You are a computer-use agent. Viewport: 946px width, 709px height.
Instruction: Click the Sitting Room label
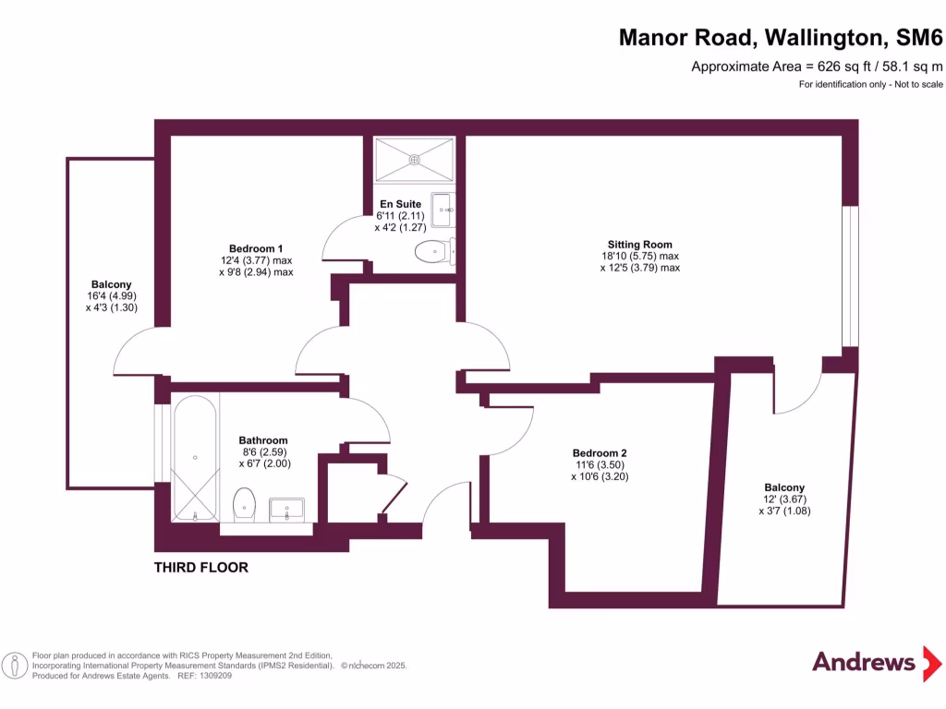639,244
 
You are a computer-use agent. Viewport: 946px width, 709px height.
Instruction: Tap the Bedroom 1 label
256,248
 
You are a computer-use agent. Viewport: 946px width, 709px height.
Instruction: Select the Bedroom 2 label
600,452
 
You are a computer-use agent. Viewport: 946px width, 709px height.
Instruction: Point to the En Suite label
401,204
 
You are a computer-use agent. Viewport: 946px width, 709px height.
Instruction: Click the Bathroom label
263,440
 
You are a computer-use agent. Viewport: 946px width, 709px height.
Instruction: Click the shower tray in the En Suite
414,160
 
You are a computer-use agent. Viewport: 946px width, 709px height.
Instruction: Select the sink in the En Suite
443,210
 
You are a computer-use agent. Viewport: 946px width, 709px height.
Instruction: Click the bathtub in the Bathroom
195,458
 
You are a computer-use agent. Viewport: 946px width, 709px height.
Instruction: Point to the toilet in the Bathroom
244,505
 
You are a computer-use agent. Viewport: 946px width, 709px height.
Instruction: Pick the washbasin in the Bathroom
286,510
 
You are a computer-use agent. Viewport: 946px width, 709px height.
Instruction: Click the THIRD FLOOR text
200,568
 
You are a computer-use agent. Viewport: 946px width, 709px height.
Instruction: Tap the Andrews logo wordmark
864,662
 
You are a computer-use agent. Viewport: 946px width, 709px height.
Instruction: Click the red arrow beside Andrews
931,663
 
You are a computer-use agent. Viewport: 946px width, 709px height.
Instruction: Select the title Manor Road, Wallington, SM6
781,37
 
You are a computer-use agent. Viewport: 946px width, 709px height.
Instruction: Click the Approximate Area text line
817,66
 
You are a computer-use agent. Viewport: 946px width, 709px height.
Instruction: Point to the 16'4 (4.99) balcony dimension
112,296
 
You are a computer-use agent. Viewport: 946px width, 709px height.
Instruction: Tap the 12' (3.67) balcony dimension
784,499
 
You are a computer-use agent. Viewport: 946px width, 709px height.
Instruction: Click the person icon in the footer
15,666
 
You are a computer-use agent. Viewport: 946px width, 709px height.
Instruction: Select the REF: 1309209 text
204,676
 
